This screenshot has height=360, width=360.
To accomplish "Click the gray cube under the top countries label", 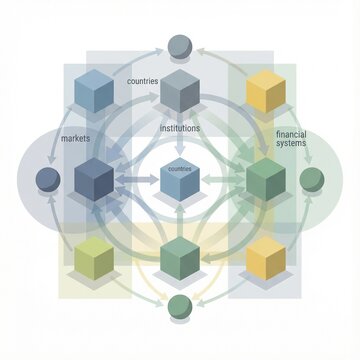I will coord(180,91).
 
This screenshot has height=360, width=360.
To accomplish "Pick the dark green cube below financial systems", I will coord(265,179).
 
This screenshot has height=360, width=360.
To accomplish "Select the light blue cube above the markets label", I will coord(95,92).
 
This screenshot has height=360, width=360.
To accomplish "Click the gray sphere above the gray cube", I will coord(180,45).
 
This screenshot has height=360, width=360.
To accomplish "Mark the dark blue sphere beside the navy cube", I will coord(47,180).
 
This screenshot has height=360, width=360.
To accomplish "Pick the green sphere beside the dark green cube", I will coord(312,179).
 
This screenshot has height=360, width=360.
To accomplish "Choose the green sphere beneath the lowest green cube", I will coord(180,305).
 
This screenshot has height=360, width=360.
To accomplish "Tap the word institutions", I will coord(180,128).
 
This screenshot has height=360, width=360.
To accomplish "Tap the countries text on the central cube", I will coord(180,169).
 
